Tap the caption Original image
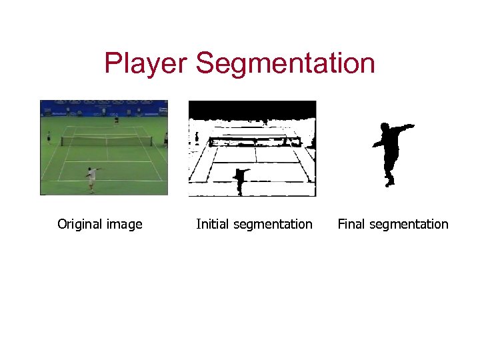[x=100, y=224]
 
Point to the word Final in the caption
[x=351, y=224]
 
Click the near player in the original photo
[x=91, y=178]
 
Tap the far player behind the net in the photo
[x=117, y=119]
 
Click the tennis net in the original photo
[x=107, y=141]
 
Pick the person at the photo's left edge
[x=49, y=137]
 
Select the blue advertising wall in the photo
[x=103, y=107]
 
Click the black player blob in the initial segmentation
[x=240, y=179]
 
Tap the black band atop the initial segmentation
[x=252, y=109]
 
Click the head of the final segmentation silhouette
[x=384, y=127]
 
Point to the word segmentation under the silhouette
[x=409, y=224]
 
